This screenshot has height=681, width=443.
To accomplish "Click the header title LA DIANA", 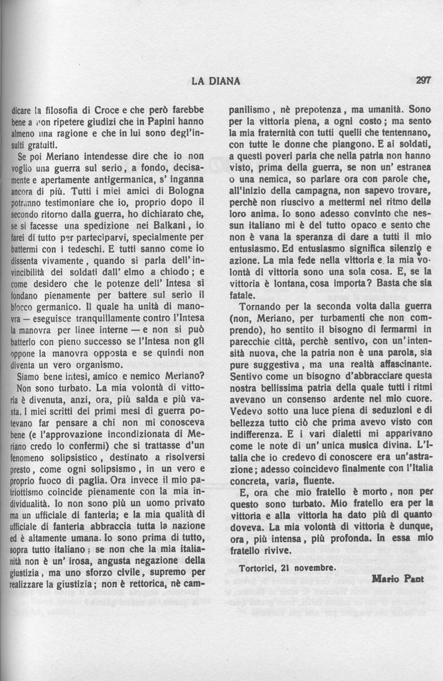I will point(215,81).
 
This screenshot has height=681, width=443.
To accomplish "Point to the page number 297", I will point(423,80).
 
